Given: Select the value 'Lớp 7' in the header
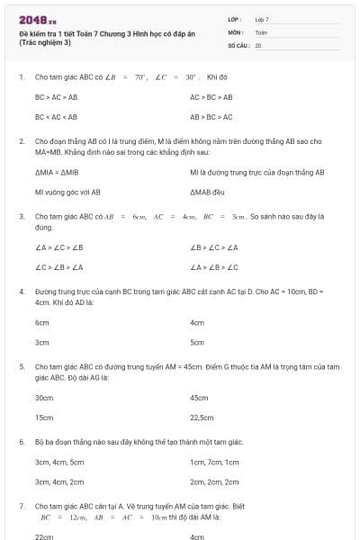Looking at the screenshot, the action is pos(262,19).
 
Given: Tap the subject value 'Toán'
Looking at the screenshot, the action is pos(261,31).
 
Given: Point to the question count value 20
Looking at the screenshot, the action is pos(258,44).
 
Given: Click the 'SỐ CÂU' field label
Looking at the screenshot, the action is pos(238,44).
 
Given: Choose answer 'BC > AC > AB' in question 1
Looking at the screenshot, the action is pos(56,96).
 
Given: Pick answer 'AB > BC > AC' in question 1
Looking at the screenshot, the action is pos(211,116).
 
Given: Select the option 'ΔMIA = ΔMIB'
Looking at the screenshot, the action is pos(57,172).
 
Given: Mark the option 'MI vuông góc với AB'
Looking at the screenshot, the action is pos(67,192).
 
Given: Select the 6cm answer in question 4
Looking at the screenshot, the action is pos(41,322).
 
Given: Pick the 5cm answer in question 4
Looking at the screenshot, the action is pos(197,342).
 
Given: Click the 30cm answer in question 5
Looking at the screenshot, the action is pos(43,397).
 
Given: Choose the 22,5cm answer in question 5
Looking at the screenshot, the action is pos(202,417).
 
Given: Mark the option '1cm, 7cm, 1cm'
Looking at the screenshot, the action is pos(214,462).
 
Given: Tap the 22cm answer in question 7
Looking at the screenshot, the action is pos(43,536).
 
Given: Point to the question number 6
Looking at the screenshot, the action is pos(22,442).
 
